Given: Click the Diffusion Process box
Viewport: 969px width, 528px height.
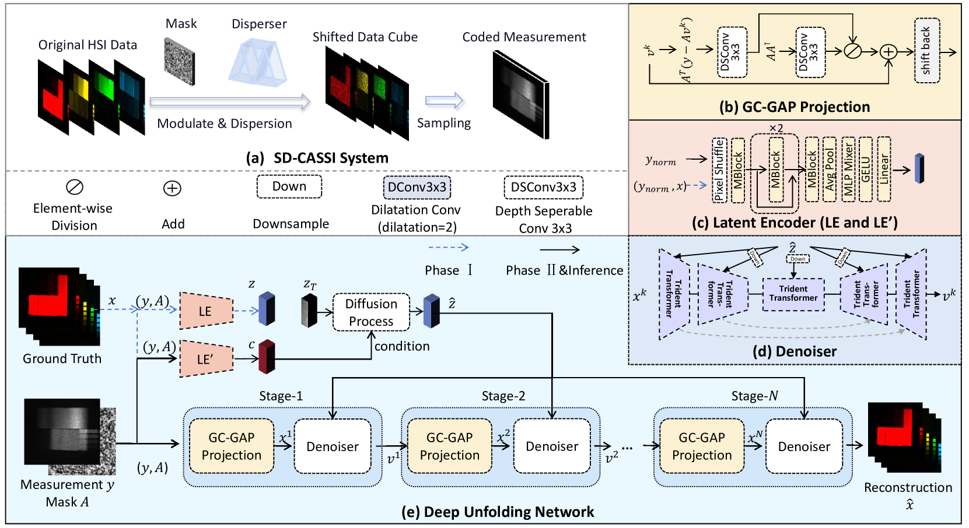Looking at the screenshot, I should coord(371,312).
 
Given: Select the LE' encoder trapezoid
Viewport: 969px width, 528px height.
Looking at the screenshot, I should coord(206,358).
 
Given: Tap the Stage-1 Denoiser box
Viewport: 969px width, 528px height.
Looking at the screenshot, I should coord(333,446).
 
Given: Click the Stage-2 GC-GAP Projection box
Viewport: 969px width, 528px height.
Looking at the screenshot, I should coord(449,446).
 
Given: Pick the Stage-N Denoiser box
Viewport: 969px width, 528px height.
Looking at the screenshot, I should coord(804,446).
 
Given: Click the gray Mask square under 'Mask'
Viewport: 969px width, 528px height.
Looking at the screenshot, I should coord(179,61).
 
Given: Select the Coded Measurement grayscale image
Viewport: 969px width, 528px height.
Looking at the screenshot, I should coord(521,93).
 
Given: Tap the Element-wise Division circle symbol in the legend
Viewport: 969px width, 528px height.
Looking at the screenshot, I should coord(75,187).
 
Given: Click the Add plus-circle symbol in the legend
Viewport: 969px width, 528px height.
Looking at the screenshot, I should coord(172,188).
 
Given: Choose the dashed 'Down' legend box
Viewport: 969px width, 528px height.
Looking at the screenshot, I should coord(289,186).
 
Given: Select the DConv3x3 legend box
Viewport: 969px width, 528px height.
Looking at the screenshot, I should coord(417,188).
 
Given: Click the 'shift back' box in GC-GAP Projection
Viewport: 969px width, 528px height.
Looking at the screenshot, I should coord(926,51).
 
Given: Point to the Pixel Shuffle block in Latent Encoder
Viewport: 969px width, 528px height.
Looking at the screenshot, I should coord(719,170).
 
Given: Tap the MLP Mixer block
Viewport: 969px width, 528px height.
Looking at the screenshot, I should coord(848,170).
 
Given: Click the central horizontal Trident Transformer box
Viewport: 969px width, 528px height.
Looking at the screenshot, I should coord(793,294).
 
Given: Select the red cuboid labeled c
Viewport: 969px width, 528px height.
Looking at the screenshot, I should coord(267,356).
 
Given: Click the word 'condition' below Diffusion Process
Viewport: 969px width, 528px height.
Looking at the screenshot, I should coord(402,346).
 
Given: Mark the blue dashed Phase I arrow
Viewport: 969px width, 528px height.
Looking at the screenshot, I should coord(448,248).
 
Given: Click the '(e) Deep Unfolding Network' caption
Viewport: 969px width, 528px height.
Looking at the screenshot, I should coord(498,512).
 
